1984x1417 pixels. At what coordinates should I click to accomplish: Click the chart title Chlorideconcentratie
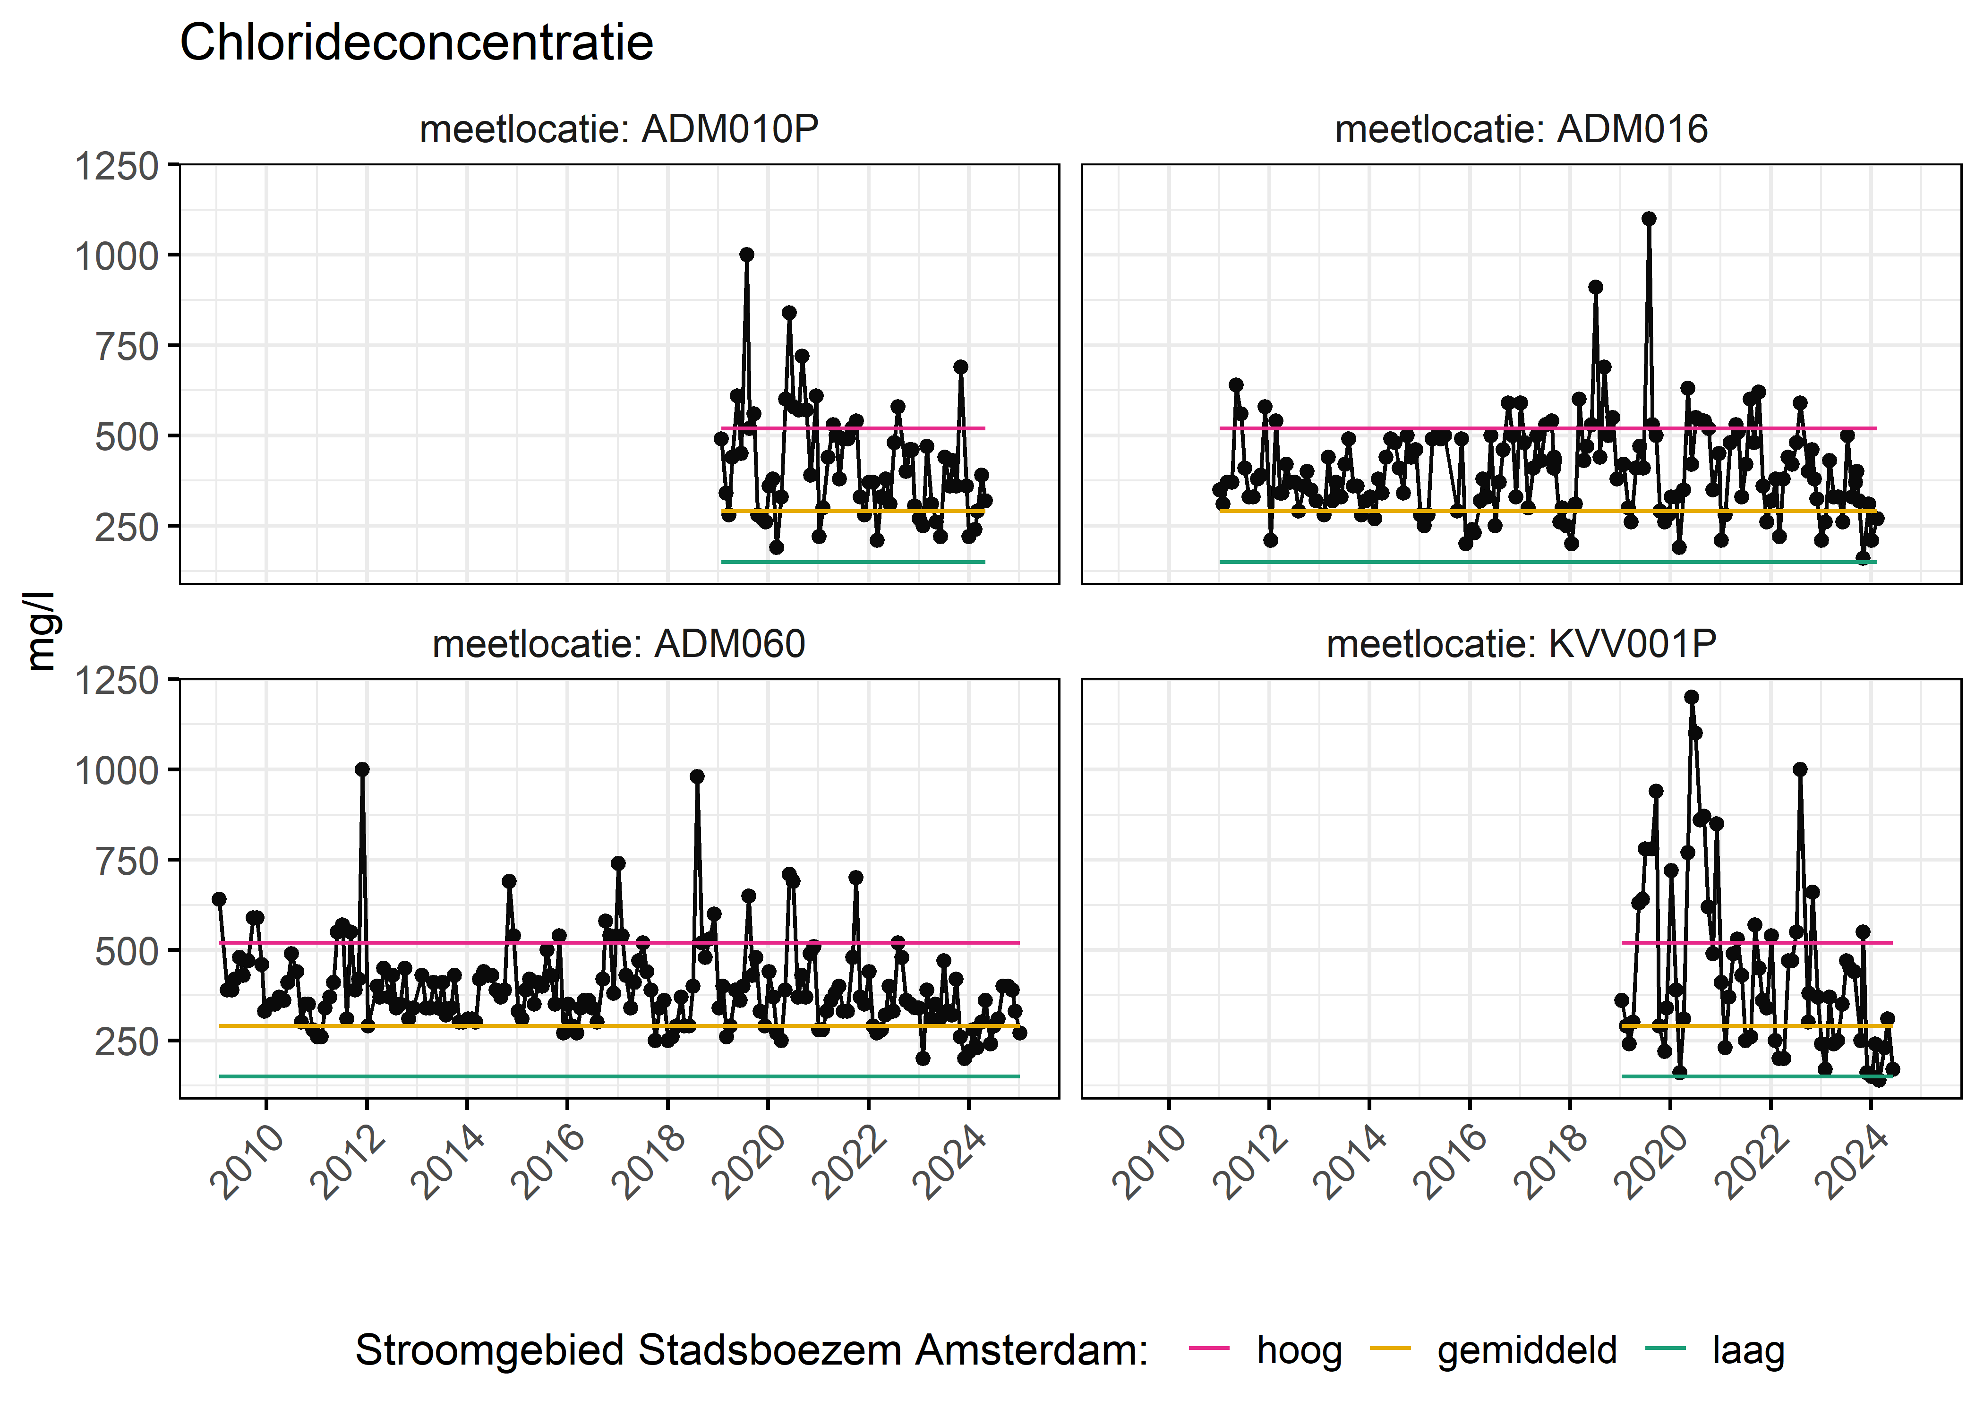click(x=416, y=43)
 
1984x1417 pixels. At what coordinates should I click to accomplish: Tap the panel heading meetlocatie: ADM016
click(x=1521, y=129)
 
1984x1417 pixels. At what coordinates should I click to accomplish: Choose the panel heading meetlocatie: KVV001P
click(x=1521, y=644)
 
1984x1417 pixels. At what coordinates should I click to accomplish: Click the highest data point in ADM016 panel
click(x=1648, y=219)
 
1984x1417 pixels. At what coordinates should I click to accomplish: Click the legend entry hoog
click(x=1298, y=1350)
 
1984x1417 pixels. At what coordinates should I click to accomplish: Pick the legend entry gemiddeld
click(x=1526, y=1350)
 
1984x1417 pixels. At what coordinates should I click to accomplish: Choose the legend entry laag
click(x=1747, y=1350)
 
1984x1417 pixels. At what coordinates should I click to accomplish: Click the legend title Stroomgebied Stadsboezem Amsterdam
click(x=751, y=1350)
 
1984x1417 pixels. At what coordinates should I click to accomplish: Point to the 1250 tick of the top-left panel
click(x=117, y=166)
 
